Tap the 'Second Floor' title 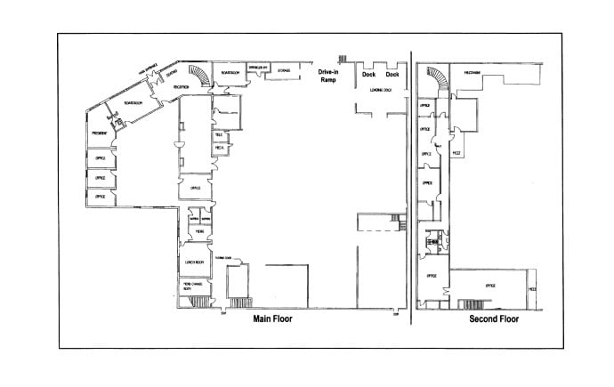493,319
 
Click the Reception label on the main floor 181,86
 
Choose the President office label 99,133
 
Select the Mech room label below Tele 218,148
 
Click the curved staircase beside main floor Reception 204,79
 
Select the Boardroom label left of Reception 133,102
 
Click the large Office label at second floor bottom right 489,285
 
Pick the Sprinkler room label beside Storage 259,68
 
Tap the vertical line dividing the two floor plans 411,187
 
